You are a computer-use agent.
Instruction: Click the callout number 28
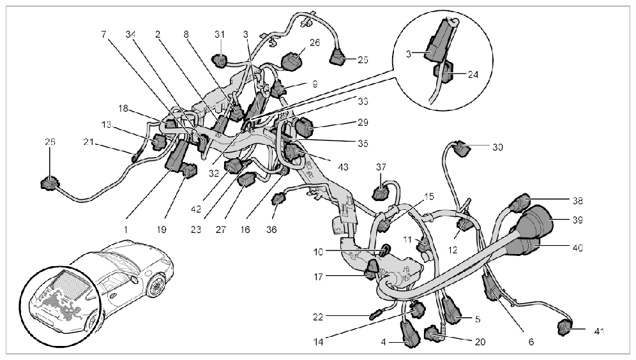point(50,142)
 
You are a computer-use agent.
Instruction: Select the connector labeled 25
point(337,58)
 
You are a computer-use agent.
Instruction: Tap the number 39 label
point(578,220)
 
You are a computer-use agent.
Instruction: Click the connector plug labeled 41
point(564,326)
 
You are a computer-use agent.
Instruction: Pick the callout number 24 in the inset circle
point(473,75)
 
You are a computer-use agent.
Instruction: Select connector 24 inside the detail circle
point(444,71)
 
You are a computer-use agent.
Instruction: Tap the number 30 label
point(497,147)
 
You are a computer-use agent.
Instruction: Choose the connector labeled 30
point(460,148)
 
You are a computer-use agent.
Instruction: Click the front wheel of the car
point(155,286)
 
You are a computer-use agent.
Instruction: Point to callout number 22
point(318,316)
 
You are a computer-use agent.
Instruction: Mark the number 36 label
point(271,229)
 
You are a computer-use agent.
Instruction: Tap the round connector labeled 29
point(304,126)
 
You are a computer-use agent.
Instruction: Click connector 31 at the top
point(220,61)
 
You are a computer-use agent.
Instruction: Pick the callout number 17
point(318,277)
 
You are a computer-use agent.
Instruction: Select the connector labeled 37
point(381,191)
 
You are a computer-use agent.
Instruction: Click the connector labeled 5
point(452,310)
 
